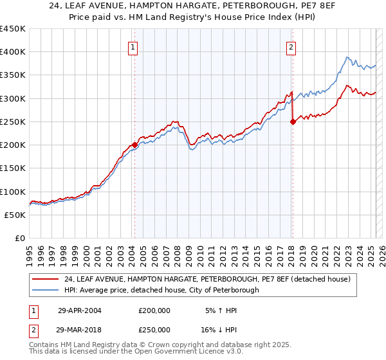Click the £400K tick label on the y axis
(13, 52)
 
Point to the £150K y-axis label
(13, 168)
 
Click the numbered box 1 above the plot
(132, 46)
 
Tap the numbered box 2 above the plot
(291, 46)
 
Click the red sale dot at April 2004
(134, 145)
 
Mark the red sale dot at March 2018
(293, 122)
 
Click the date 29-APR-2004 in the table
(80, 310)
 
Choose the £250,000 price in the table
(154, 329)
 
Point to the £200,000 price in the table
(154, 310)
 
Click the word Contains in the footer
(44, 345)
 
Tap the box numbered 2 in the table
(33, 329)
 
